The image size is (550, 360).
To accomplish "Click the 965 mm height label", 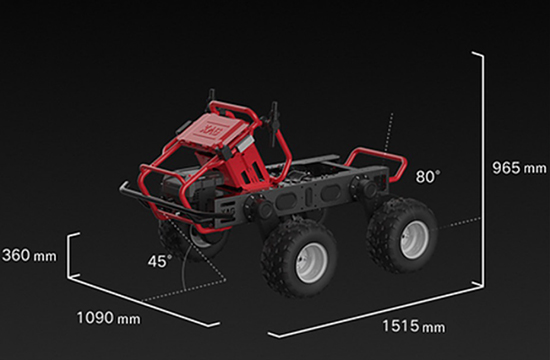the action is [519, 168].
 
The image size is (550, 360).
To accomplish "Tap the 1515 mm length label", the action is [414, 326].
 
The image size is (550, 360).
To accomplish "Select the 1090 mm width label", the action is [108, 318].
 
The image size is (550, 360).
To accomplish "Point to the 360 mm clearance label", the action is [29, 255].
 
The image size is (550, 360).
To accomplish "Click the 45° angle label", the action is [160, 261].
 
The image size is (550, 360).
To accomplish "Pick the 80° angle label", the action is [428, 176].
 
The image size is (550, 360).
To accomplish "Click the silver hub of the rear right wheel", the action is [414, 240].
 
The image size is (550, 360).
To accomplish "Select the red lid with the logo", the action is [213, 129].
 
